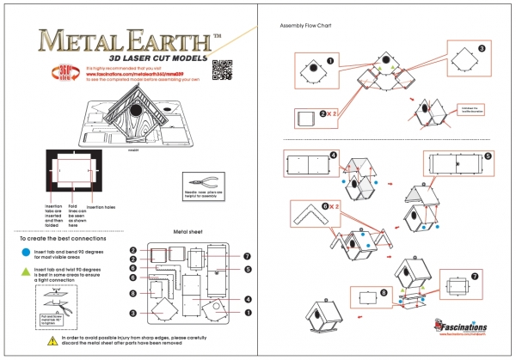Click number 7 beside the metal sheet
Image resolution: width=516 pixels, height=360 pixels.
(x=247, y=256)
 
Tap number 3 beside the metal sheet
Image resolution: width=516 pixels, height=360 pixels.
(x=133, y=259)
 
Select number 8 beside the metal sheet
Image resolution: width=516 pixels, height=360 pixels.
(x=133, y=295)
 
